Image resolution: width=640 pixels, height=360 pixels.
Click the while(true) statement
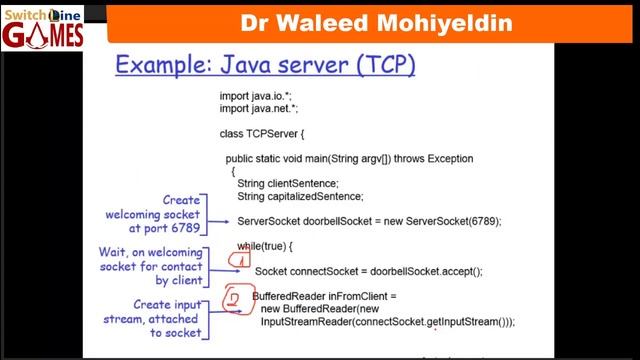point(261,246)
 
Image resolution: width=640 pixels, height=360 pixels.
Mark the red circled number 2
point(233,299)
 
